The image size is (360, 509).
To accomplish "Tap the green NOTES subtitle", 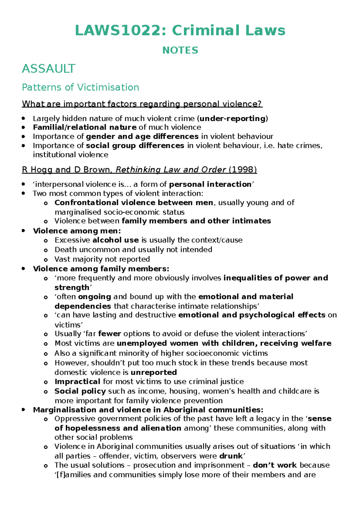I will pyautogui.click(x=180, y=50).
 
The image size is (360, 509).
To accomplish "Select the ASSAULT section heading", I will pyautogui.click(x=48, y=69).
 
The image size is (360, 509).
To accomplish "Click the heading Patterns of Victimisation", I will pyautogui.click(x=80, y=87).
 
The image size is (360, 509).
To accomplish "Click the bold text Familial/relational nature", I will pyautogui.click(x=85, y=127).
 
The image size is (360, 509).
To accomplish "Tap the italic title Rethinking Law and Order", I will pyautogui.click(x=170, y=170).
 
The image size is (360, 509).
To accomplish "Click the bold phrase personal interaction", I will pyautogui.click(x=210, y=184).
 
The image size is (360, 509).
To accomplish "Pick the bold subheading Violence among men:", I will pyautogui.click(x=77, y=231).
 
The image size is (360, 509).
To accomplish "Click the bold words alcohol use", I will pyautogui.click(x=115, y=240).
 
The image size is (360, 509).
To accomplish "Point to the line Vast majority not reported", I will pyautogui.click(x=102, y=259).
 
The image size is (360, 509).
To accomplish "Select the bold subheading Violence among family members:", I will pyautogui.click(x=101, y=269).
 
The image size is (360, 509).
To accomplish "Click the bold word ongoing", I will pyautogui.click(x=94, y=297).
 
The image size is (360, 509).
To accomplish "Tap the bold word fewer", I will pyautogui.click(x=109, y=334).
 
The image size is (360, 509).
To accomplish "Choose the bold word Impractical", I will pyautogui.click(x=77, y=382).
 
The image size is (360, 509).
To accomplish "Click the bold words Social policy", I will pyautogui.click(x=80, y=391).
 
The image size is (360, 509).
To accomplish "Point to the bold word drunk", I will pyautogui.click(x=231, y=456).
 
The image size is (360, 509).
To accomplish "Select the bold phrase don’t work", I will pyautogui.click(x=275, y=465).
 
